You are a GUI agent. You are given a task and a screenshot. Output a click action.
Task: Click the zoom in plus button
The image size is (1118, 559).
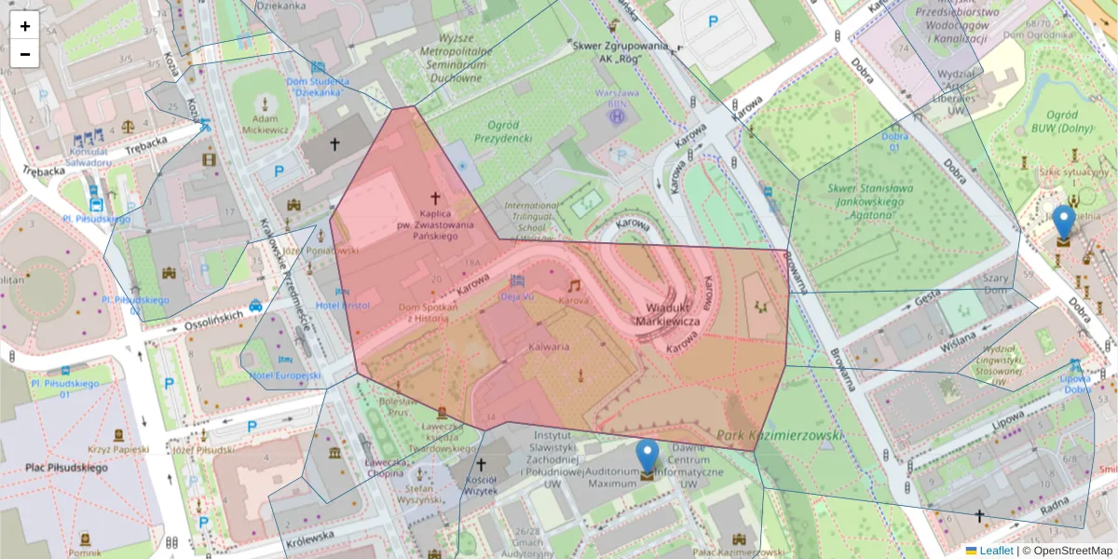point(25,26)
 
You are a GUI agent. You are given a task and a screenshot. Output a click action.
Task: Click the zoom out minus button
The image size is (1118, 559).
point(25,54)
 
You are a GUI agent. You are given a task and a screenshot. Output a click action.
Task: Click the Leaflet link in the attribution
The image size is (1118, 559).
point(995,551)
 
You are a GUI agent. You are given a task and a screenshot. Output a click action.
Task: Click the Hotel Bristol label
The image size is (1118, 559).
point(343,306)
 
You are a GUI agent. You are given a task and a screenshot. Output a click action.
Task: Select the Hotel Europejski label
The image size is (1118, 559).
point(284,375)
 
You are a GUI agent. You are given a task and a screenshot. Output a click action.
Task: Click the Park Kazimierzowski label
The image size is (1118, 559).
point(781,435)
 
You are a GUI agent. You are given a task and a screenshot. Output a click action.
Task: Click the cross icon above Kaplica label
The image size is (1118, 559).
point(434,198)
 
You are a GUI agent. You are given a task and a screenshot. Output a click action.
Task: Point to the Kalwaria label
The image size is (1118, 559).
point(549,347)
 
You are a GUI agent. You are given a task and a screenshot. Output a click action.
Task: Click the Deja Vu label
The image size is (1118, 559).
point(517,297)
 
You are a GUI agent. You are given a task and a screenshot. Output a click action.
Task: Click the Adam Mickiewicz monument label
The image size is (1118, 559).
point(266,125)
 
